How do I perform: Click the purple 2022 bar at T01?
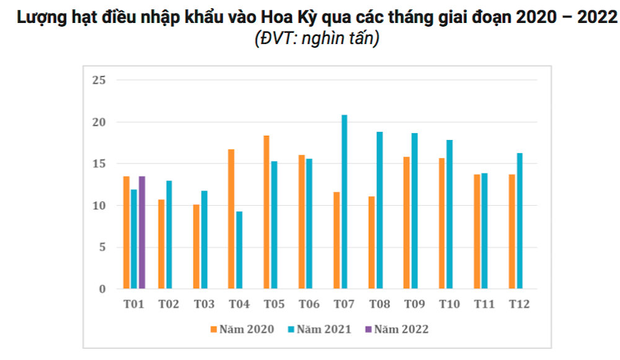coord(141,232)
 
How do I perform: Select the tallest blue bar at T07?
coord(344,202)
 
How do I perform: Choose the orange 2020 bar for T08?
coord(371,242)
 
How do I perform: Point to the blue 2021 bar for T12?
coord(519,221)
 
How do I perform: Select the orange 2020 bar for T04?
coord(231,219)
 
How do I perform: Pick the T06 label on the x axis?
coord(309,304)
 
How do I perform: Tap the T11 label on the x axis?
coord(484,304)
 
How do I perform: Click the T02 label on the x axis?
coord(169,304)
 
